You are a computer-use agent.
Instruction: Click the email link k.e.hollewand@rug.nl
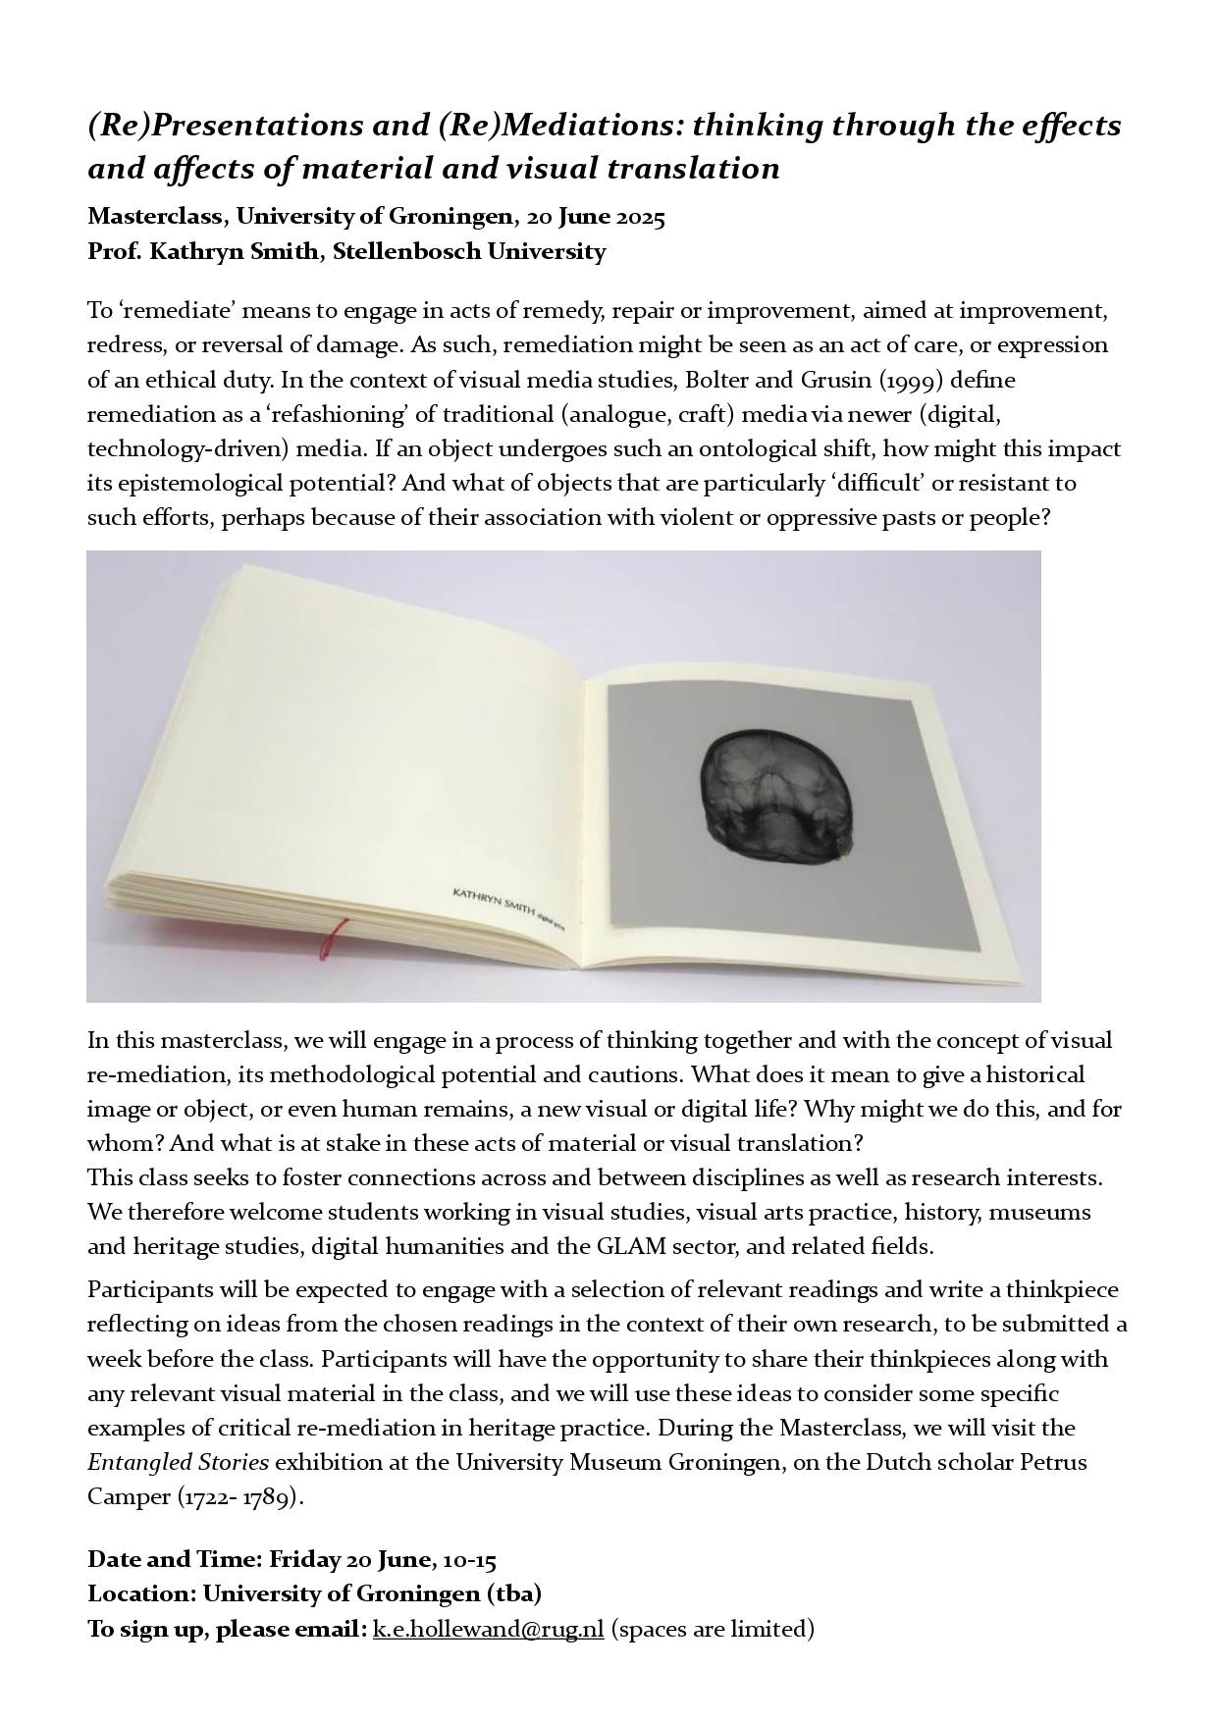click(x=488, y=1628)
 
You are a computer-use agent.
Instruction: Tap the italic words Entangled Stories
click(x=178, y=1462)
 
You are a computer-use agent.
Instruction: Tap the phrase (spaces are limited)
click(x=713, y=1628)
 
